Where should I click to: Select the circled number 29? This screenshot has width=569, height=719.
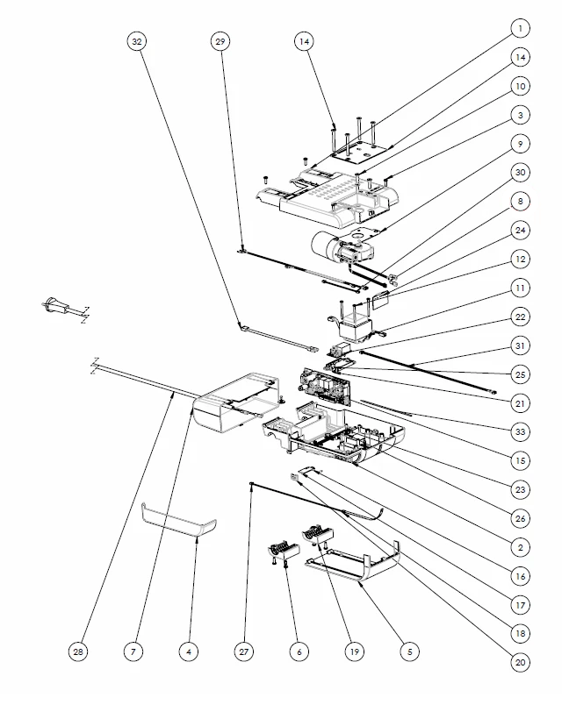tap(220, 41)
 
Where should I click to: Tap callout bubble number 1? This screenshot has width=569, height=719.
tap(520, 29)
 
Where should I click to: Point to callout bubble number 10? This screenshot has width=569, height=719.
tap(520, 86)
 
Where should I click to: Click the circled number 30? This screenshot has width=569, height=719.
tap(520, 172)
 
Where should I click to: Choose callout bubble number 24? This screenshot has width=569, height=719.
tap(520, 230)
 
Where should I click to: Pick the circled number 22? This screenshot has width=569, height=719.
tap(520, 316)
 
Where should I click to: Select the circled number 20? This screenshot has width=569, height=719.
tap(520, 663)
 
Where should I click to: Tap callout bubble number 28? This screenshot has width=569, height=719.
tap(80, 651)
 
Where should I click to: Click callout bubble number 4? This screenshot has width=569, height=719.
tap(188, 651)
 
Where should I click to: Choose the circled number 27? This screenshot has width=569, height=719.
tap(243, 651)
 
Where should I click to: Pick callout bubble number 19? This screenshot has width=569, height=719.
tap(354, 651)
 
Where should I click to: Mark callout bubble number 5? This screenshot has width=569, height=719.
tap(409, 651)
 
